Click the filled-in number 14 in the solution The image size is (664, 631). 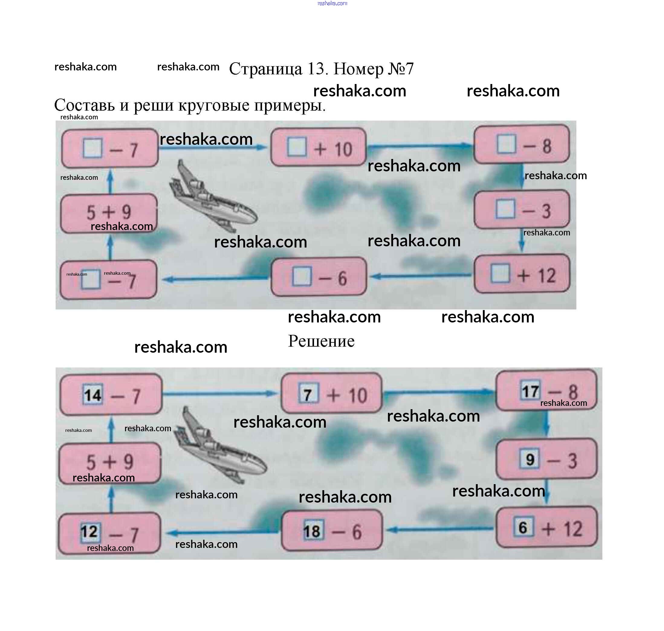click(x=93, y=395)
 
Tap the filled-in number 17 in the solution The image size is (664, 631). click(x=530, y=391)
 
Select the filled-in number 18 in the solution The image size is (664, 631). click(x=313, y=532)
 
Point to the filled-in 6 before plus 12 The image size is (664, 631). click(x=523, y=527)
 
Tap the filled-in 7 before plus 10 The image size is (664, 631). click(x=308, y=394)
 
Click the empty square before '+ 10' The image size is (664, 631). click(x=297, y=147)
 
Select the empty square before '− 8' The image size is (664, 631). click(x=506, y=144)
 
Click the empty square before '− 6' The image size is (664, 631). click(x=302, y=277)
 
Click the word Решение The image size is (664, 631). click(x=321, y=341)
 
